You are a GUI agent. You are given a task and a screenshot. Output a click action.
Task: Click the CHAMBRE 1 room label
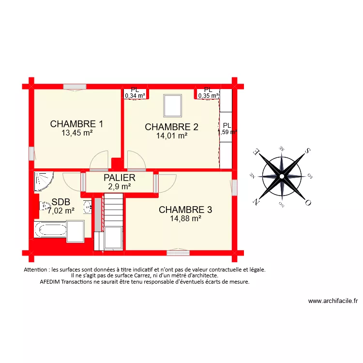76,124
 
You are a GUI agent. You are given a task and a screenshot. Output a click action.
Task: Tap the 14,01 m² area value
171,136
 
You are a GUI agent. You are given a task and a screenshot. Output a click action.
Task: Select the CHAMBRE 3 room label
185,210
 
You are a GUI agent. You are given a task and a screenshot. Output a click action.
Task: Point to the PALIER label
119,178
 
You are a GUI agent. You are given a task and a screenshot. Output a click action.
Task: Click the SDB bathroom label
61,202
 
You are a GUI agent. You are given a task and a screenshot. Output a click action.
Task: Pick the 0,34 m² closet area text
135,96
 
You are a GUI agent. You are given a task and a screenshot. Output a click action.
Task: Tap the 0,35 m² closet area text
208,96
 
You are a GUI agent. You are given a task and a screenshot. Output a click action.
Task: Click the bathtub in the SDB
50,229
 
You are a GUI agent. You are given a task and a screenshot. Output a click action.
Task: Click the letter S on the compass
307,151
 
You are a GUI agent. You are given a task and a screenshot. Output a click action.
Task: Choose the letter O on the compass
307,203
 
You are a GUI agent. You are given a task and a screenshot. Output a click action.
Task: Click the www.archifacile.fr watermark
333,301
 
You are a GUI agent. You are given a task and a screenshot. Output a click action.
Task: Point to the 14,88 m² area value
185,218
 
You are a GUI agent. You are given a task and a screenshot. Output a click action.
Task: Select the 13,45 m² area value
77,132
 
